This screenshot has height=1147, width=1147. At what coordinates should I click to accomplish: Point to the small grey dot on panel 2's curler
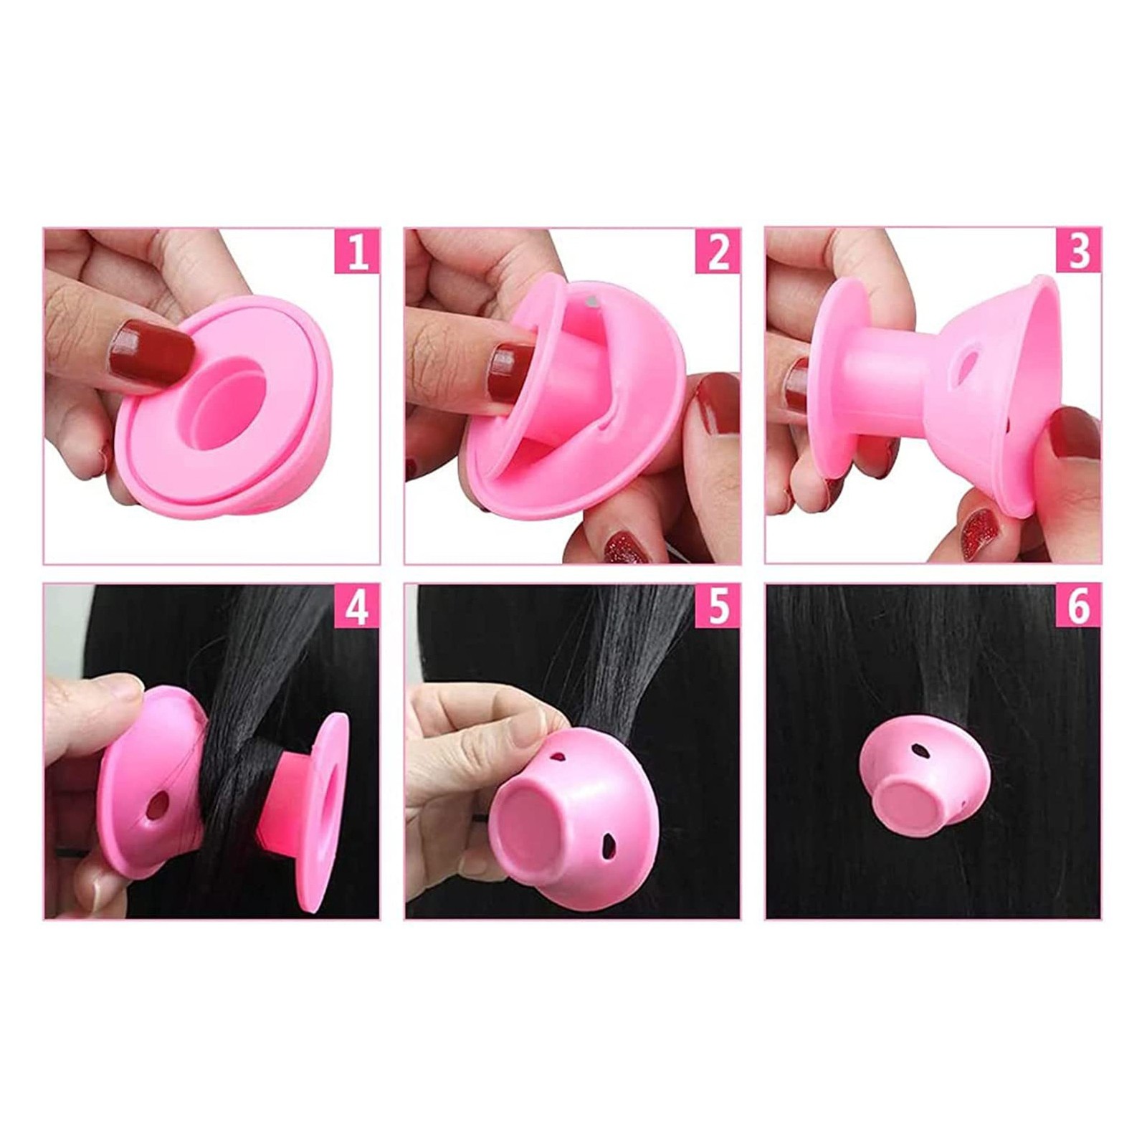pyautogui.click(x=592, y=302)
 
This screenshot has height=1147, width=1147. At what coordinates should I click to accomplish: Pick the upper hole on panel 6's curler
pyautogui.click(x=919, y=751)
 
